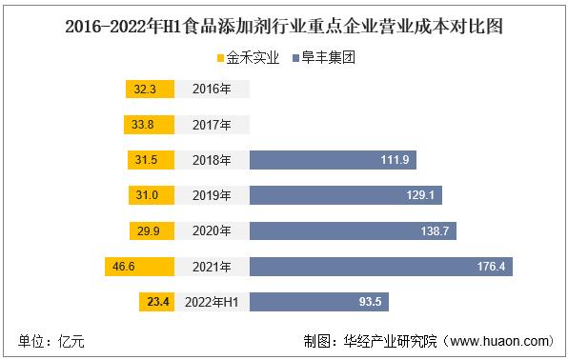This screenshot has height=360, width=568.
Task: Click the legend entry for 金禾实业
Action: (249, 58)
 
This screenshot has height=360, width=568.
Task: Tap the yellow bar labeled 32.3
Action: (149, 90)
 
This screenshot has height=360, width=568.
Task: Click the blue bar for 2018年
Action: (333, 160)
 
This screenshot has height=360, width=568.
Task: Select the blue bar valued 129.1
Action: (341, 195)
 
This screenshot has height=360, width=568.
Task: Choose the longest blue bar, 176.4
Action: (381, 267)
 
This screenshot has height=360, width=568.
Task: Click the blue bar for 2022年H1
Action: (319, 302)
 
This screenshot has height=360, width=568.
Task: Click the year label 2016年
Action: (211, 90)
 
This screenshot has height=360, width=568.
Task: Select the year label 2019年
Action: (211, 195)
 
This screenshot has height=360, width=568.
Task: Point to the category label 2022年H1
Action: (211, 302)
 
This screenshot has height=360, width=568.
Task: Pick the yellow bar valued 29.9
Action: (151, 230)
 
